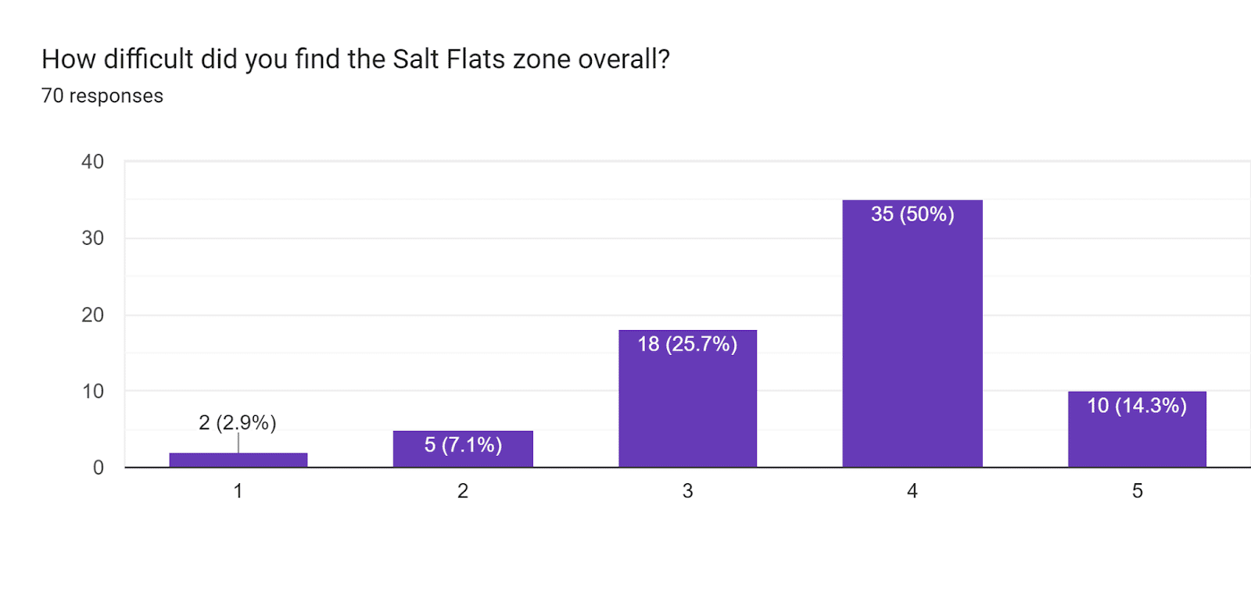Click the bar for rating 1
[x=238, y=460]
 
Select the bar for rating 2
[x=463, y=449]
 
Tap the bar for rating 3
[x=687, y=398]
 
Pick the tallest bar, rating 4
[x=912, y=334]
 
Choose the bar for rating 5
[x=1137, y=429]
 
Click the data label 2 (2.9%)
[x=238, y=423]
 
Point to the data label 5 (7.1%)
[x=463, y=445]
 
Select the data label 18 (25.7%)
[x=687, y=344]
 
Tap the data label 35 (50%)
[x=912, y=214]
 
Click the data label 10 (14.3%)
[x=1137, y=406]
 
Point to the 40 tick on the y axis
[x=93, y=162]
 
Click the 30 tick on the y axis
[x=93, y=238]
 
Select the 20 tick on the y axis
[x=93, y=315]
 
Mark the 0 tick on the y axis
[x=99, y=468]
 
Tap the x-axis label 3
[x=687, y=491]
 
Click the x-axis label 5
[x=1138, y=491]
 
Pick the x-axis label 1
[x=238, y=491]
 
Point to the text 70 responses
[x=102, y=95]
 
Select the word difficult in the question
[x=148, y=59]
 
